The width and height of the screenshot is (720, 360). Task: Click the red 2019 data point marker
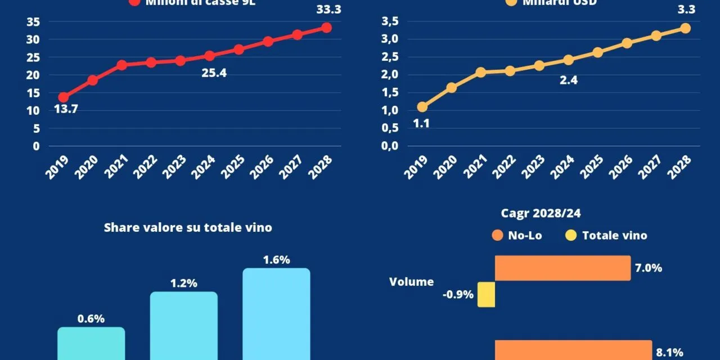(63, 97)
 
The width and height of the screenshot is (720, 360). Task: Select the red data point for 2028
(326, 28)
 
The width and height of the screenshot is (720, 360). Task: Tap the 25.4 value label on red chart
(214, 73)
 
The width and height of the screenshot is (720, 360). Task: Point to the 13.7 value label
(66, 109)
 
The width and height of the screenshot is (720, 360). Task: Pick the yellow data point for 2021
(480, 73)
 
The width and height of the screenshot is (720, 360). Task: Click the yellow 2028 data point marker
(685, 28)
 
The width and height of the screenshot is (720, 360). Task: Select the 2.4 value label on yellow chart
(568, 80)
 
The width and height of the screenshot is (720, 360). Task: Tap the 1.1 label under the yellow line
(421, 124)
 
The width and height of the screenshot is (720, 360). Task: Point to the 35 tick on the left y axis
(33, 22)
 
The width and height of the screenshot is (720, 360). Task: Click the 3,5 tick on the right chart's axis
(390, 22)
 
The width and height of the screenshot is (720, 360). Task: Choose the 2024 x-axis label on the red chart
(204, 167)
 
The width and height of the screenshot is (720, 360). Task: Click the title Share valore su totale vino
(188, 228)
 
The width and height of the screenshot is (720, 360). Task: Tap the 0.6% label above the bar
(91, 319)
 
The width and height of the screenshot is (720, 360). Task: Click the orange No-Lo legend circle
(497, 236)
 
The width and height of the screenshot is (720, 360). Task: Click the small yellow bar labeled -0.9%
(486, 295)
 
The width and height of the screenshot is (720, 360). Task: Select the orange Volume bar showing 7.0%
(562, 268)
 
